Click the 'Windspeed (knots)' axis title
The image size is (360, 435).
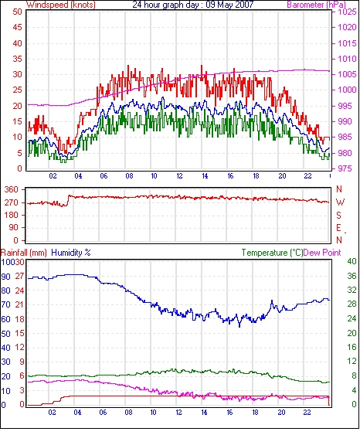tap(61, 5)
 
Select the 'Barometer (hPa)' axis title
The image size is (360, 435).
tap(317, 5)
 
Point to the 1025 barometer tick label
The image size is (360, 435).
tap(347, 12)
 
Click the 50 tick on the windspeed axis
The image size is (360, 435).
tap(17, 12)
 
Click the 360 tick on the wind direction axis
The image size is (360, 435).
tap(12, 190)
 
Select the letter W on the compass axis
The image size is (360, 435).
tap(340, 202)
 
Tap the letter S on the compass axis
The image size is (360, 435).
tap(338, 215)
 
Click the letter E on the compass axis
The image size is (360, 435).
tap(338, 228)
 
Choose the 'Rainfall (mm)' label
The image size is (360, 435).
tap(24, 253)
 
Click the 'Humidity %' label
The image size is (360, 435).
tap(71, 253)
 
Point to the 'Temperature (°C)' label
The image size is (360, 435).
tap(272, 253)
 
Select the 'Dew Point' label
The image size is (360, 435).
tap(322, 253)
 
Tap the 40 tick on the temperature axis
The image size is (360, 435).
tap(352, 261)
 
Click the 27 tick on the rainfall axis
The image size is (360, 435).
tap(19, 277)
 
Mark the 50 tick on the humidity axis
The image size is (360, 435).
tap(6, 334)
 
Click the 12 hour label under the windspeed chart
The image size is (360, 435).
tap(179, 176)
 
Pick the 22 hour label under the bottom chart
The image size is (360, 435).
tap(307, 413)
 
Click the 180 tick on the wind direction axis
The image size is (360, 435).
tap(12, 215)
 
